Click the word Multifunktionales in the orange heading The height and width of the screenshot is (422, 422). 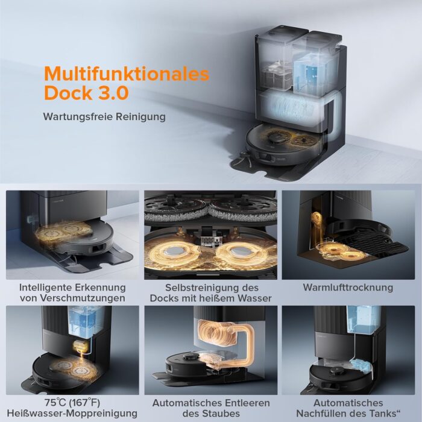point(127,75)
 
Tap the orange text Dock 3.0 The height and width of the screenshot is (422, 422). point(86,93)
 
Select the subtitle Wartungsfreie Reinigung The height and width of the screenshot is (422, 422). point(104,116)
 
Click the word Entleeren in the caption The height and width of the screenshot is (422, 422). point(236,402)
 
